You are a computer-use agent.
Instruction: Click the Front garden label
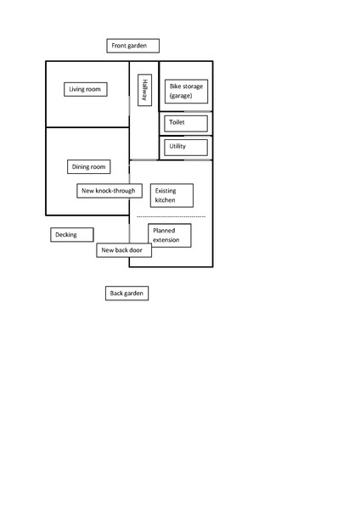(133, 46)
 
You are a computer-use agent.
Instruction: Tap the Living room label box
(86, 89)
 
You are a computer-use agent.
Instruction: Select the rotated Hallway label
(144, 90)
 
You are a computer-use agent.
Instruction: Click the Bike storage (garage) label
(186, 92)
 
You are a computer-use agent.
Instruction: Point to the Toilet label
(186, 123)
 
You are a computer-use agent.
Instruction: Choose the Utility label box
(186, 148)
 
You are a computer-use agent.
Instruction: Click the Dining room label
(88, 167)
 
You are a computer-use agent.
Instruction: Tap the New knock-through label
(110, 191)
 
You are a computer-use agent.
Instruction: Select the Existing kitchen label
(172, 195)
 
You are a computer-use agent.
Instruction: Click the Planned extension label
(170, 235)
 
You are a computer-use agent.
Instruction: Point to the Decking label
(72, 235)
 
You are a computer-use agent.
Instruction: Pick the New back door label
(124, 250)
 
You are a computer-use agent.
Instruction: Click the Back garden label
(127, 294)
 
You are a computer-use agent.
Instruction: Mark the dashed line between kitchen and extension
(172, 216)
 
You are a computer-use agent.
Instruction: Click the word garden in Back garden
(133, 294)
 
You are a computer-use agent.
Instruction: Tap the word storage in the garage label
(193, 87)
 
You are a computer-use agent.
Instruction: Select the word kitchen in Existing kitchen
(165, 200)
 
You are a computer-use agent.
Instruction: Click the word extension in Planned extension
(166, 240)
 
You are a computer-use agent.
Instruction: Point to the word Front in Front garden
(118, 46)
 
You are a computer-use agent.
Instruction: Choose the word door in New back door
(136, 250)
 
